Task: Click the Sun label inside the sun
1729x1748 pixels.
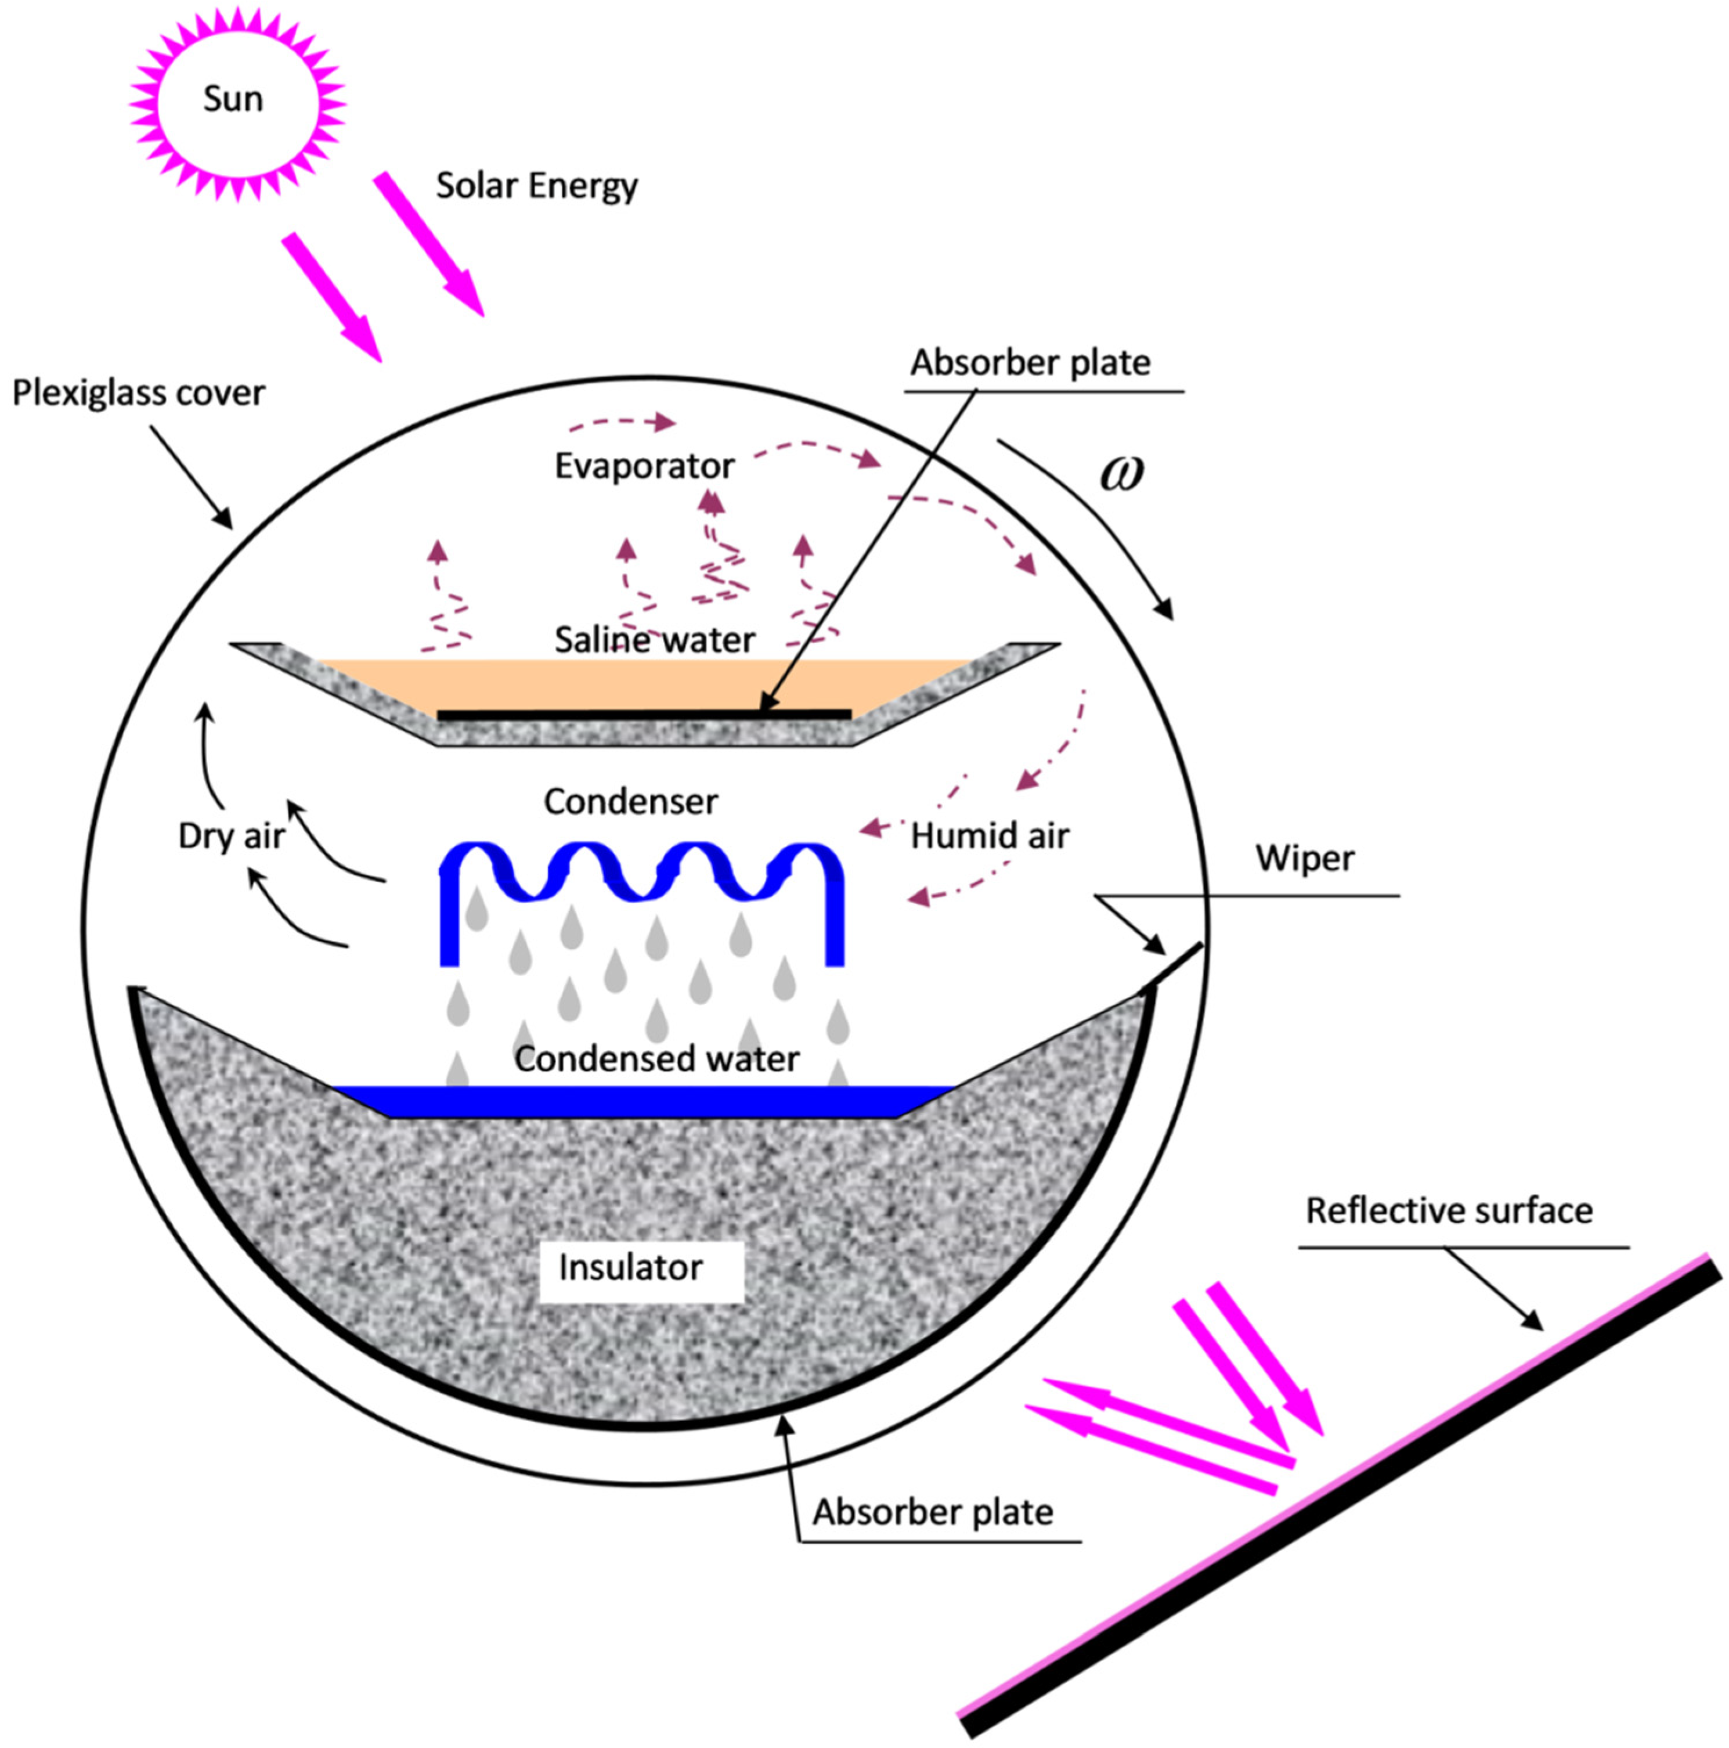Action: [x=233, y=99]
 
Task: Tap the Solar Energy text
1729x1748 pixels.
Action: [x=536, y=185]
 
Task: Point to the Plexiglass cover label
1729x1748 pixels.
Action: [x=139, y=392]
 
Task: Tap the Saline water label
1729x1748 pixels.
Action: [x=654, y=640]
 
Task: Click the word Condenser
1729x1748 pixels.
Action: [x=631, y=802]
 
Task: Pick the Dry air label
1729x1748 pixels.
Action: [x=232, y=836]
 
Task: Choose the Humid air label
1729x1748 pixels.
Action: [x=989, y=836]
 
